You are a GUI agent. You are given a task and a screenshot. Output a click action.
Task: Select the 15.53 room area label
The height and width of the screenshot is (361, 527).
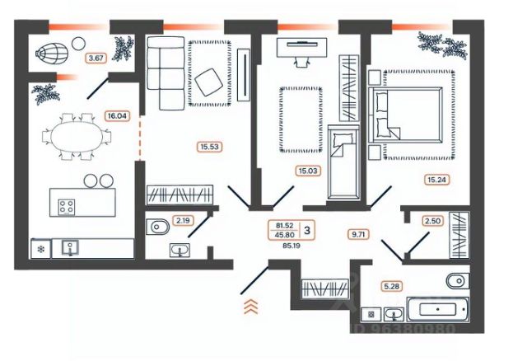[x=210, y=148]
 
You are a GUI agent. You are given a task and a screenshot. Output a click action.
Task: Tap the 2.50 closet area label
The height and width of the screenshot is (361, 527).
[x=432, y=221]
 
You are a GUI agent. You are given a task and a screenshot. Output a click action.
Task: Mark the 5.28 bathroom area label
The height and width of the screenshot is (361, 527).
[x=390, y=286]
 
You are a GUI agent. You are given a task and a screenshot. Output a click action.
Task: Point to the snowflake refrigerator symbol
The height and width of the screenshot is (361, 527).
[x=39, y=249]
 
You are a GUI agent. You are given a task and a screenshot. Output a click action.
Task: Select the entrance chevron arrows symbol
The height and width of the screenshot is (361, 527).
[x=251, y=307]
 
